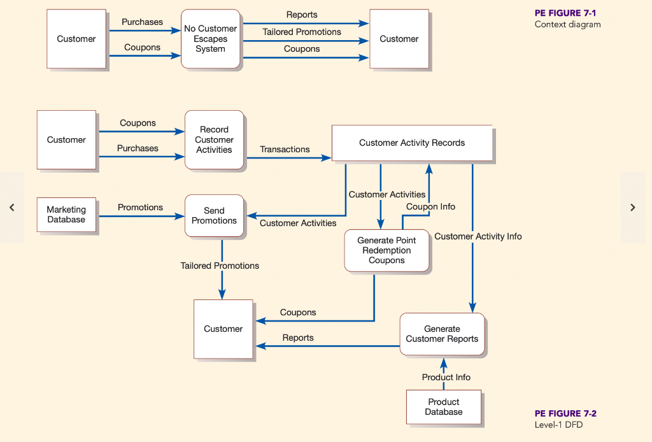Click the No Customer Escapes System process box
[x=210, y=39]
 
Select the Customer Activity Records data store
[x=412, y=143]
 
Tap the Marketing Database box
[x=66, y=215]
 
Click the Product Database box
[x=444, y=407]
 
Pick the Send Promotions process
[x=214, y=216]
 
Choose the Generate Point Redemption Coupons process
[x=386, y=250]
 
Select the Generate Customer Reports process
[x=442, y=334]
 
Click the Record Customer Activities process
[x=214, y=139]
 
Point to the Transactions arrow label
[x=285, y=149]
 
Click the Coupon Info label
[x=430, y=206]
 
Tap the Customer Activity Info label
[x=478, y=236]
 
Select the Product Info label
[x=446, y=377]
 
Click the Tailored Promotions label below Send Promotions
[x=220, y=266]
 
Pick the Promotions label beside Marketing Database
[x=140, y=207]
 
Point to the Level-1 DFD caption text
[x=558, y=425]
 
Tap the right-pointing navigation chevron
[x=632, y=208]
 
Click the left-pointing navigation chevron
[x=11, y=208]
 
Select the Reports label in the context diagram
[x=302, y=15]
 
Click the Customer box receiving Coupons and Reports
[x=223, y=329]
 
